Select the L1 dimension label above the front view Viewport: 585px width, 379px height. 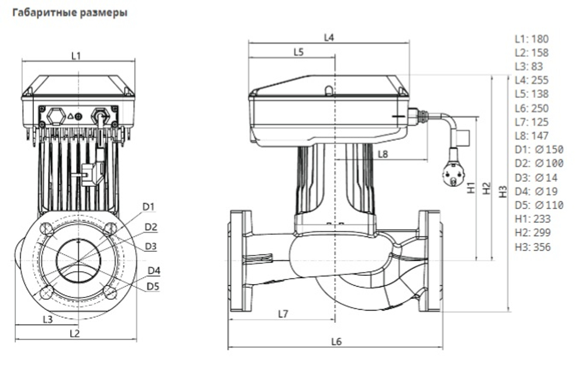tap(75, 56)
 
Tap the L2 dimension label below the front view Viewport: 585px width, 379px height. tap(74, 333)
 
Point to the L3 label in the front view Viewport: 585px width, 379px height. tap(48, 319)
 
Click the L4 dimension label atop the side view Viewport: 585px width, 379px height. tap(329, 37)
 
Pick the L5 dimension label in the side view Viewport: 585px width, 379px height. tap(298, 52)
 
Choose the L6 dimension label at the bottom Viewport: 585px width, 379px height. tap(336, 342)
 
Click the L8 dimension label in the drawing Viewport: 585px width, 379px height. tap(383, 154)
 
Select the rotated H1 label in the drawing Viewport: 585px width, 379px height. tap(472, 189)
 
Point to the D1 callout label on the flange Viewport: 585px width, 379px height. tap(149, 206)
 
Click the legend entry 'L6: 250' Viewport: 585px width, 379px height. tap(531, 108)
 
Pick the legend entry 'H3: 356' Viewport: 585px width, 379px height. tap(532, 247)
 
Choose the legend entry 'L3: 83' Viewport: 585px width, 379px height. tap(529, 66)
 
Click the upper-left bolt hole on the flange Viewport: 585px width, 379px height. tap(46, 228)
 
